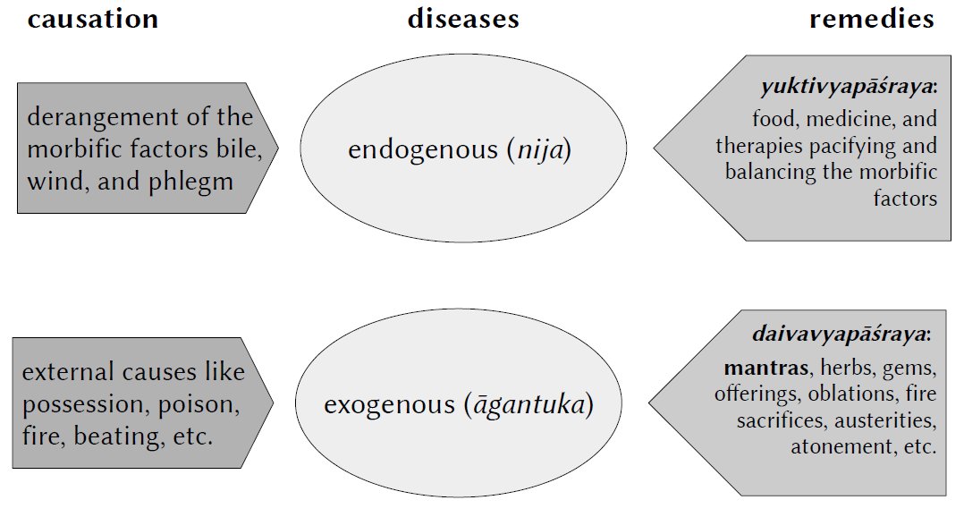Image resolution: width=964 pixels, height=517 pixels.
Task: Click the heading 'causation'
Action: click(x=93, y=20)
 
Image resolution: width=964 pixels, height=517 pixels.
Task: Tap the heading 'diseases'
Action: click(x=463, y=20)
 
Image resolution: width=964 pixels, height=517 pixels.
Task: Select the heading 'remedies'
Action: click(x=871, y=20)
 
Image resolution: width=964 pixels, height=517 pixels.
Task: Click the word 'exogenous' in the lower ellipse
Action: click(x=389, y=405)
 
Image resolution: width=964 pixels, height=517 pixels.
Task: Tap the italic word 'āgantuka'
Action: click(x=528, y=405)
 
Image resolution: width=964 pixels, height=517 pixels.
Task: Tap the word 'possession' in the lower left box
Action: click(x=78, y=404)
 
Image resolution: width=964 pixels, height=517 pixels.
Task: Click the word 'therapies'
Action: click(x=771, y=145)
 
